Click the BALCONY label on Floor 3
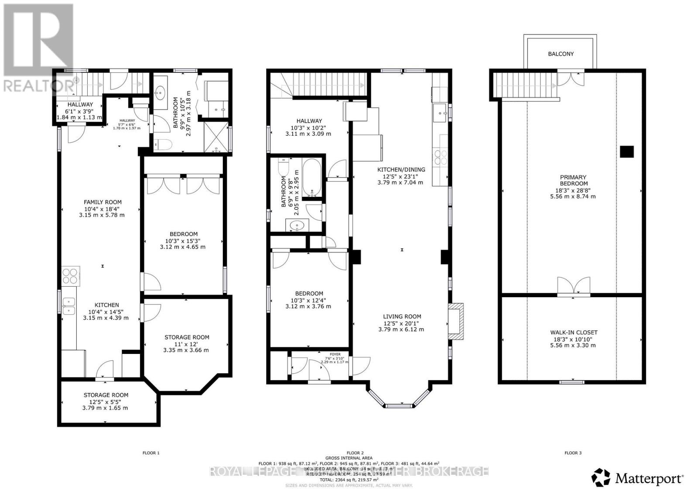561,54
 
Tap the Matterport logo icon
601,477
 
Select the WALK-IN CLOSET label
573,333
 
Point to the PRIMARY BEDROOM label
573,180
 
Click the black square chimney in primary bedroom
626,151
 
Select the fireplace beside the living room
455,322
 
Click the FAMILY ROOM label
103,202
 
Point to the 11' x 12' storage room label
186,337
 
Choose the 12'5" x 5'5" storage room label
106,395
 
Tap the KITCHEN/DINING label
401,170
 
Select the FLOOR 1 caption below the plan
151,453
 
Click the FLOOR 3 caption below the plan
573,453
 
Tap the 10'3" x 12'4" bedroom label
310,294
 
